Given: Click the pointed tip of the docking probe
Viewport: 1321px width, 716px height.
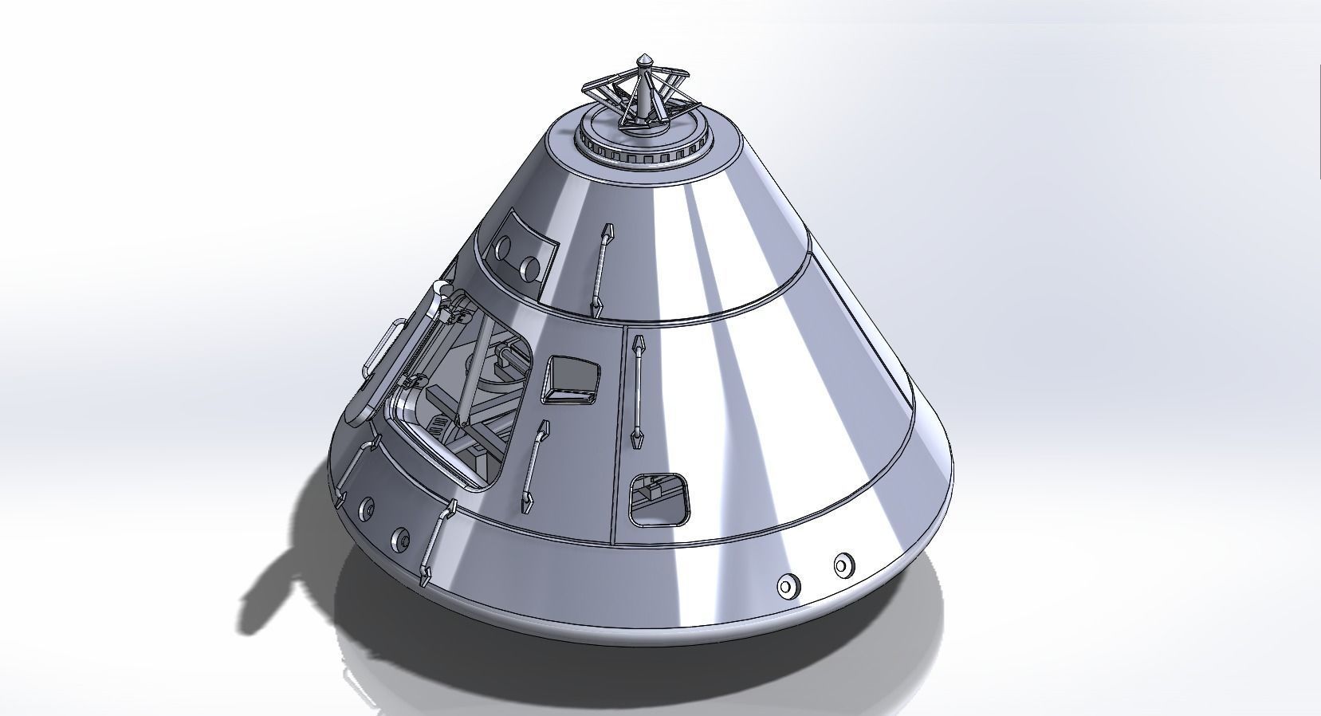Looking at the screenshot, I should click(644, 59).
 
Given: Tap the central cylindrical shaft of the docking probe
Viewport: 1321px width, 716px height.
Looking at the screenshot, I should click(642, 100).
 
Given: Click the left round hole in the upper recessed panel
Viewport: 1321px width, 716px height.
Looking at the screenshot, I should click(504, 249).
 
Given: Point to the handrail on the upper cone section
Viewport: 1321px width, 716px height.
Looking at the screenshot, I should click(601, 270).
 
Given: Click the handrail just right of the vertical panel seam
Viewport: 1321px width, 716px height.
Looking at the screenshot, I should click(638, 391).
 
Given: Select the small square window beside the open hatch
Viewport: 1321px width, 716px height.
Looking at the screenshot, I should click(571, 379).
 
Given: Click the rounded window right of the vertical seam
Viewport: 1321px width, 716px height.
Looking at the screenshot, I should click(658, 501).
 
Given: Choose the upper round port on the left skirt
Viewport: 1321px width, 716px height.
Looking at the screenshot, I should click(368, 508).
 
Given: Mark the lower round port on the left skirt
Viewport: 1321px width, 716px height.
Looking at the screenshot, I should click(401, 538).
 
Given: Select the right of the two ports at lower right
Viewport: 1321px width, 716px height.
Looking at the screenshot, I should click(842, 565).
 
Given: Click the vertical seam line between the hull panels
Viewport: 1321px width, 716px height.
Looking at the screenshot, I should click(617, 439).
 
